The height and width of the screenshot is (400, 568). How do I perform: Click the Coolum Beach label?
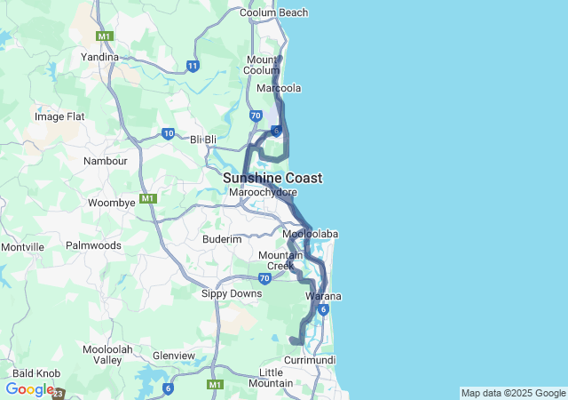tap(274, 12)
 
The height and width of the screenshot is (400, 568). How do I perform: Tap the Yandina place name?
tap(99, 57)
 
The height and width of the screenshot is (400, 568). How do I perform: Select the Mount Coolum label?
tap(262, 65)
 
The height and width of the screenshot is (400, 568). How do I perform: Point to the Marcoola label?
tap(279, 89)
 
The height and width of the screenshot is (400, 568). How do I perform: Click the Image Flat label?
tap(59, 116)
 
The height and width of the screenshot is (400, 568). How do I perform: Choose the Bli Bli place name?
tap(203, 140)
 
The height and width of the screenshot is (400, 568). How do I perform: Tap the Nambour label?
tap(106, 161)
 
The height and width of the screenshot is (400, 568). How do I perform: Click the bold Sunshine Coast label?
tap(272, 178)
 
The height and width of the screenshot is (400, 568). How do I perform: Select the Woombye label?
tap(112, 203)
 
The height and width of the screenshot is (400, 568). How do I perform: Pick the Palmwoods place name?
tap(93, 244)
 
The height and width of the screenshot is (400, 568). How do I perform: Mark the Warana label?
tap(324, 295)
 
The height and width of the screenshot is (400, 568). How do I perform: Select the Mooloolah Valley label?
tap(108, 356)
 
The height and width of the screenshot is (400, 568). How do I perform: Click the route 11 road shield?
tap(193, 66)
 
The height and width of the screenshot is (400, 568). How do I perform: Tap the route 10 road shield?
tap(168, 134)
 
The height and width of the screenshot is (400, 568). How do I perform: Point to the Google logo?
tap(29, 389)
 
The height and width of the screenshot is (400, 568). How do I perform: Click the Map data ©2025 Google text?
tap(513, 393)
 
